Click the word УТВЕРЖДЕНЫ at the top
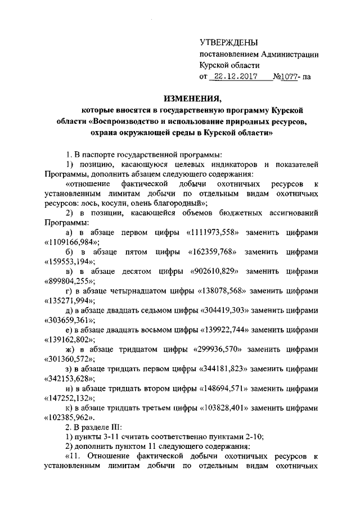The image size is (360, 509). [230, 43]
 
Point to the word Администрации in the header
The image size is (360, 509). [286, 55]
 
